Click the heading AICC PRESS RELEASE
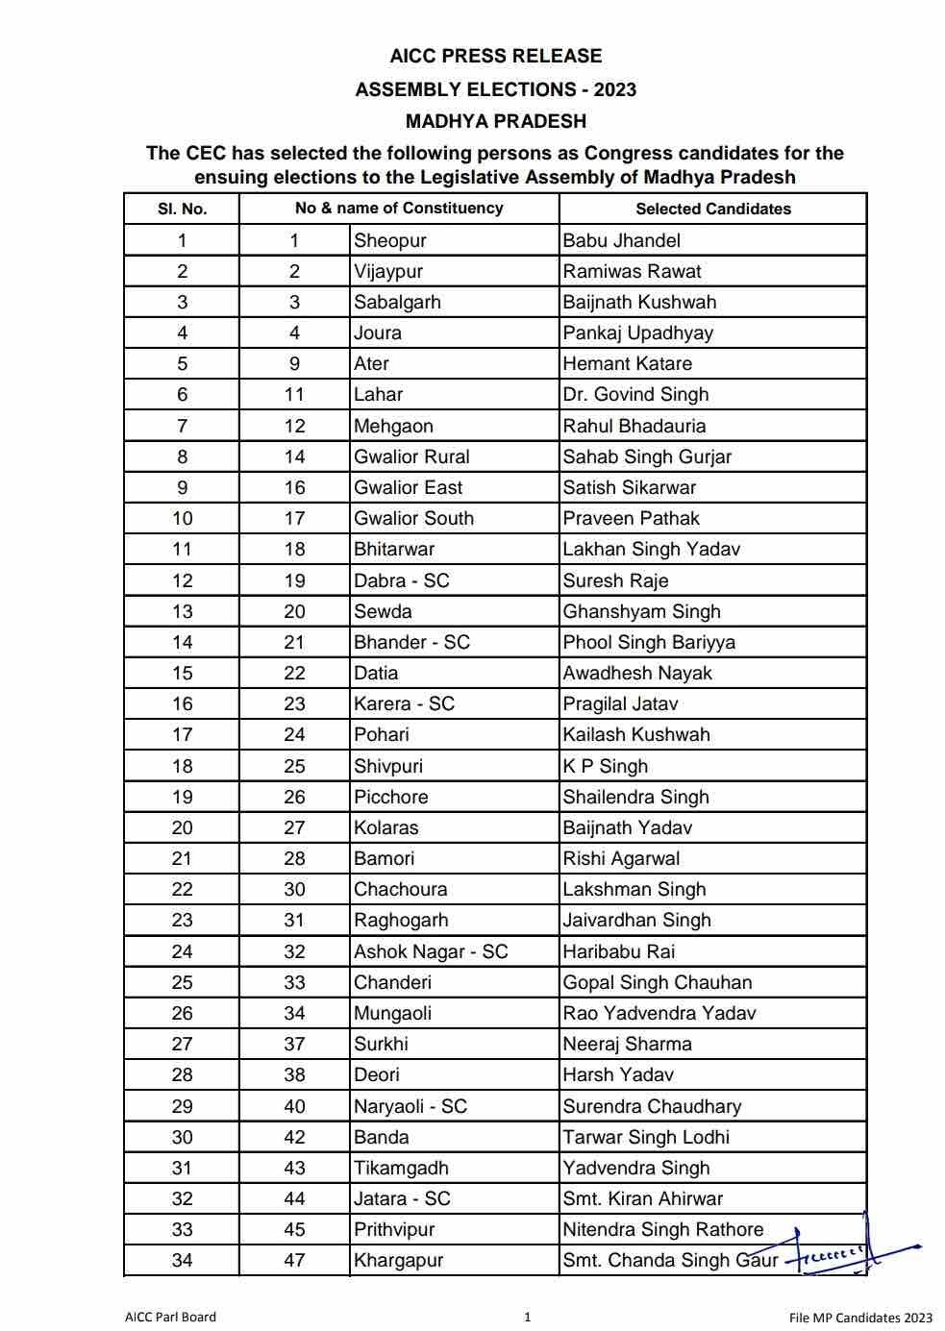495,56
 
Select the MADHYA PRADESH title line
495,121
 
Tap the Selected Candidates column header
712,209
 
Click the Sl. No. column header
182,209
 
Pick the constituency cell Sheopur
389,240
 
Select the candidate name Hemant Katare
627,363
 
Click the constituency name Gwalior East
408,487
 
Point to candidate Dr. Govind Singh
635,394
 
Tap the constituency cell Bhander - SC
411,642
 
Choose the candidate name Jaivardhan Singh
636,920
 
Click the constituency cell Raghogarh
401,920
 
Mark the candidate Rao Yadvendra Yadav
659,1013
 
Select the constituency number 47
294,1260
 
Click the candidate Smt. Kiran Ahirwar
642,1198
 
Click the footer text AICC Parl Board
170,1317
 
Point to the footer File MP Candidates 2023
860,1318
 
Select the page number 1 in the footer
527,1317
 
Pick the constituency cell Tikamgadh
401,1168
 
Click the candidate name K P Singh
605,766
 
